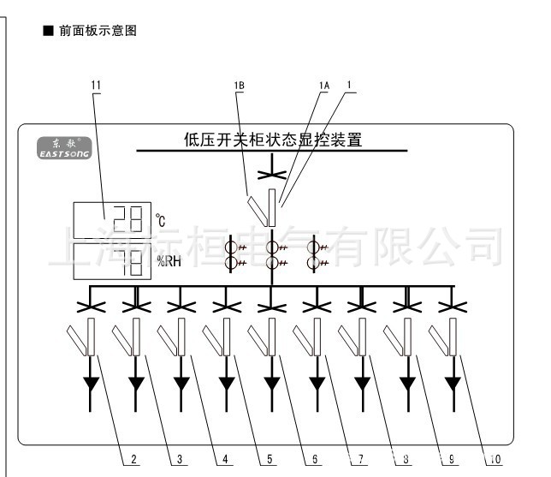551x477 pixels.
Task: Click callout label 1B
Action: click(238, 85)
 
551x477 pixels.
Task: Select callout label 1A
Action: click(323, 85)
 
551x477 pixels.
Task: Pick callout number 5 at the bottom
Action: click(270, 460)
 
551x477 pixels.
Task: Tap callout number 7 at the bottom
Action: click(361, 460)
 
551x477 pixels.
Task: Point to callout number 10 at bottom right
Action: click(495, 460)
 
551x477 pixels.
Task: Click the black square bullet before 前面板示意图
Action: click(49, 31)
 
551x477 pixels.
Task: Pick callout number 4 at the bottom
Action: click(224, 460)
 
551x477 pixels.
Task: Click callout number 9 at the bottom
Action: click(449, 460)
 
